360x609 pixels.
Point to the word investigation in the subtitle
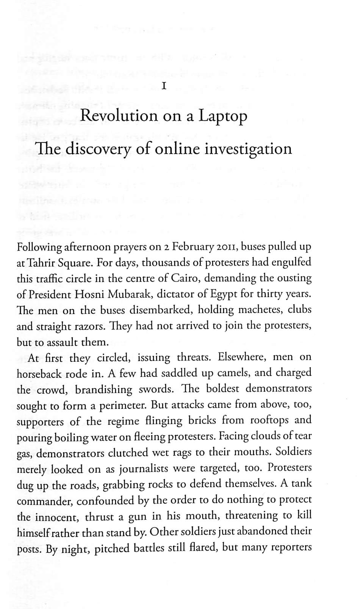(248, 149)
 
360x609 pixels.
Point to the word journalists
(144, 469)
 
